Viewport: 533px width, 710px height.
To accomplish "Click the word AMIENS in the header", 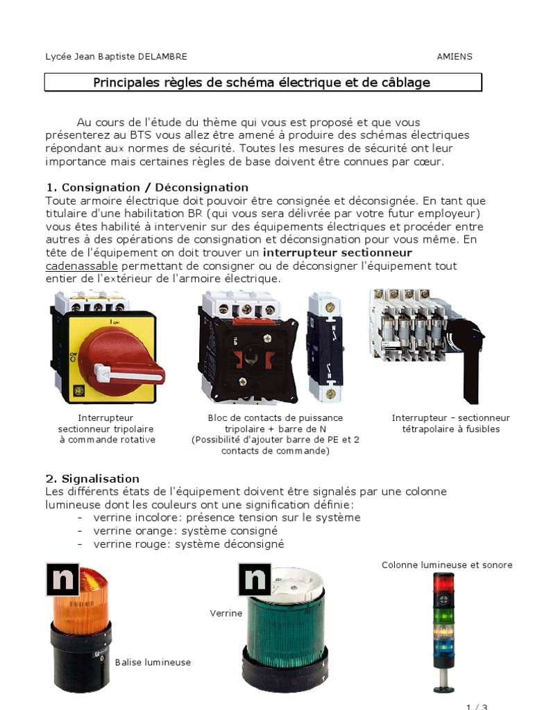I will (454, 57).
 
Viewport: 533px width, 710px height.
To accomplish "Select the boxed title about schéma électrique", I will (262, 83).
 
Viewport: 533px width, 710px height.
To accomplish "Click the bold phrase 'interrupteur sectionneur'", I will (338, 253).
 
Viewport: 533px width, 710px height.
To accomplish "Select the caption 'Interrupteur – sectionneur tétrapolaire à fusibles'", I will (450, 424).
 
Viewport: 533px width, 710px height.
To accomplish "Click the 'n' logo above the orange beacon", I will (62, 580).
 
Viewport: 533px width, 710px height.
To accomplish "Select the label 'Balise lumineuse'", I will (153, 662).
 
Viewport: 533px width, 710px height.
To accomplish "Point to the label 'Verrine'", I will (226, 613).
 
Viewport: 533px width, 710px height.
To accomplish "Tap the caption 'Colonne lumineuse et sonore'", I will (447, 565).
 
